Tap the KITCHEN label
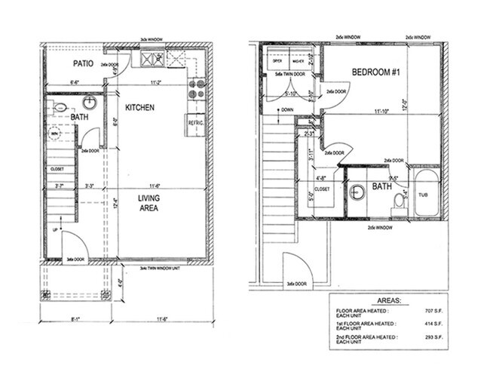click(139, 108)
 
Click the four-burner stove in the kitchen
click(197, 88)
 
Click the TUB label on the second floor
click(424, 194)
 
